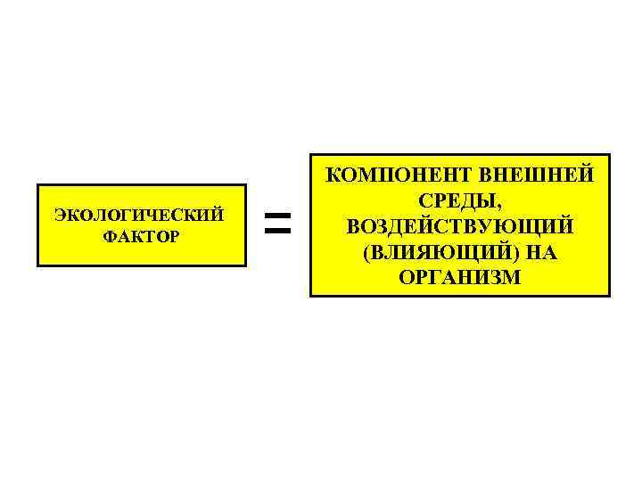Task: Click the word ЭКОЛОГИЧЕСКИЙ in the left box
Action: click(138, 215)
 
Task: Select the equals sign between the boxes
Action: click(278, 224)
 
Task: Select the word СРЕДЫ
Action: click(457, 201)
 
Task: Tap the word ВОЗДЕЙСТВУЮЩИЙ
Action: click(460, 227)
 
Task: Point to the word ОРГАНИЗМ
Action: click(459, 279)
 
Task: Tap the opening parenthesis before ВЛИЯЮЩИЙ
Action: click(366, 254)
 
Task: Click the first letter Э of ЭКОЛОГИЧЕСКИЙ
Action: click(60, 215)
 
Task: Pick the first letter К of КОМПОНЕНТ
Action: click(334, 175)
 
